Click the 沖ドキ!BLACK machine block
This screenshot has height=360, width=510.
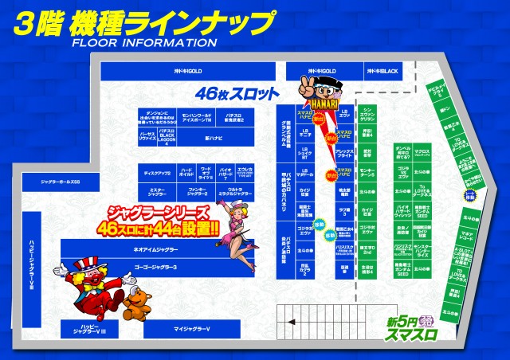[380, 72]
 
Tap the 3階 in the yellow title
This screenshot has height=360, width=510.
[37, 22]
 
